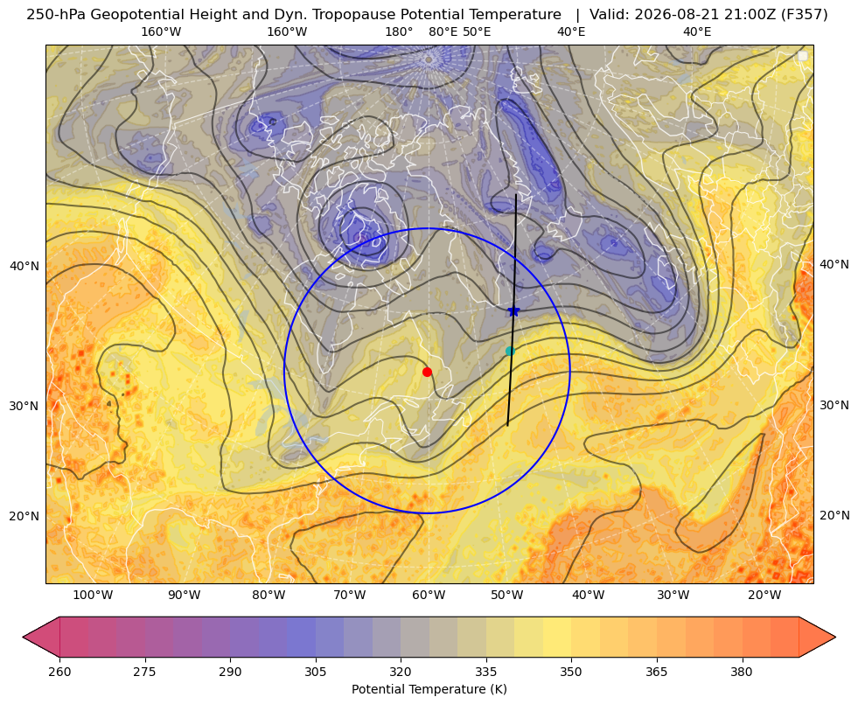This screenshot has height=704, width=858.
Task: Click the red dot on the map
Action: point(428,372)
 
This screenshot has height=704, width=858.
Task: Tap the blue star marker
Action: point(513,311)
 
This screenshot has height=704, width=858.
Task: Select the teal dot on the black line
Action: point(510,352)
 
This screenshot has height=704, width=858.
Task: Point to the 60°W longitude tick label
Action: point(429,596)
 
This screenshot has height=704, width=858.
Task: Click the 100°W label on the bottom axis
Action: point(93,596)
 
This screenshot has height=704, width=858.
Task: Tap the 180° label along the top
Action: point(399,31)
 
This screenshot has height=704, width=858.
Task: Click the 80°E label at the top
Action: point(443,31)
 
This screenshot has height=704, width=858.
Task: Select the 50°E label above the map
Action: point(477,31)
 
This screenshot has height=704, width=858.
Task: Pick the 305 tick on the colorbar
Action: point(315,672)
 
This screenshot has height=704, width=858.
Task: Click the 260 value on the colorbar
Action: point(59,672)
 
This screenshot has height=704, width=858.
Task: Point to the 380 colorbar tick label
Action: point(742,672)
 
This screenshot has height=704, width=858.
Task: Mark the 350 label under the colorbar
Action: point(571,672)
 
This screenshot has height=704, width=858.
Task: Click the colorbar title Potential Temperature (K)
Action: point(429,689)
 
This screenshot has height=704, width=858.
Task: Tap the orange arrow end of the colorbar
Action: point(817,637)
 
